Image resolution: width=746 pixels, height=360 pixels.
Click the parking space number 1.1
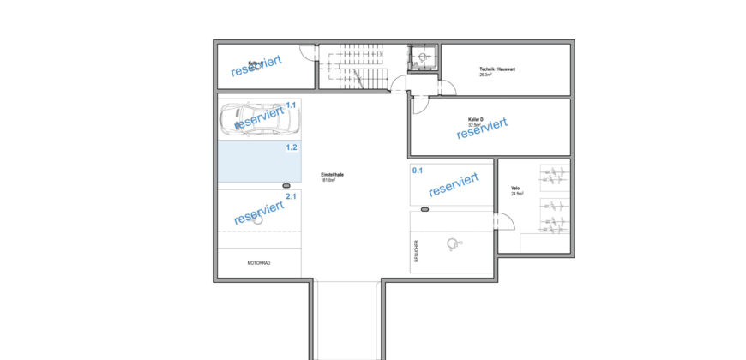(x=291, y=105)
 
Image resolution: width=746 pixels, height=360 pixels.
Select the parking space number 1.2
(x=291, y=147)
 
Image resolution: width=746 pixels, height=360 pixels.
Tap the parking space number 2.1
(x=291, y=196)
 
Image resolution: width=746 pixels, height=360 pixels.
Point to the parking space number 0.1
(x=418, y=171)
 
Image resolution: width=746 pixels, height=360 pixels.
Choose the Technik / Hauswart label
(x=496, y=70)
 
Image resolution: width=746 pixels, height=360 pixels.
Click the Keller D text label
(x=476, y=120)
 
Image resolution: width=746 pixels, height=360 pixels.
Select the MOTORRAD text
(x=258, y=263)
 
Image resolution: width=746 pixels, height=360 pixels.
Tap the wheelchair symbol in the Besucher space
(x=453, y=244)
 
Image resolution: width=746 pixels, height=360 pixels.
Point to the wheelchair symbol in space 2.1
(x=257, y=219)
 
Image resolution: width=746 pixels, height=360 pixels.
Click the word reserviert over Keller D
(x=482, y=128)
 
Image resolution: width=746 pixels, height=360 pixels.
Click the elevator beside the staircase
(x=422, y=57)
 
